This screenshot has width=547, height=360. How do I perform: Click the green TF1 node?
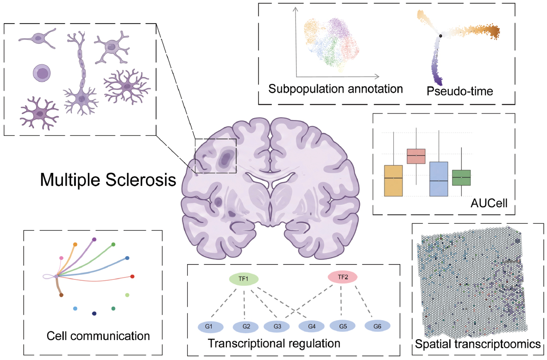click(x=244, y=279)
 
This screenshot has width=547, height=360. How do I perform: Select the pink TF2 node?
click(x=343, y=278)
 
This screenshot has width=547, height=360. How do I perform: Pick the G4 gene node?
click(x=312, y=327)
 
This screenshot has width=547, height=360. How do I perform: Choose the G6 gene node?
click(x=377, y=327)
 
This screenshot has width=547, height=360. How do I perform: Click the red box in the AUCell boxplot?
click(x=416, y=156)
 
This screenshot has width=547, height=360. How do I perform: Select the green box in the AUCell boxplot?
click(x=461, y=177)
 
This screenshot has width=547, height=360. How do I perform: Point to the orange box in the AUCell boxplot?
click(x=394, y=181)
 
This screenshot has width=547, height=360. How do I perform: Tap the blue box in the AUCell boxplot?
click(x=439, y=179)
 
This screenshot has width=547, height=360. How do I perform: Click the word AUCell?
click(x=489, y=203)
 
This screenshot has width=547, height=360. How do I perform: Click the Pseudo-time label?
click(x=460, y=91)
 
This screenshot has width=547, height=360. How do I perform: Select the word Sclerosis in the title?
click(x=141, y=180)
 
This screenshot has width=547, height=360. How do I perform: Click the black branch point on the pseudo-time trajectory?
click(x=440, y=36)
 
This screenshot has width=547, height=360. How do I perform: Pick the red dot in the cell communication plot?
click(x=132, y=277)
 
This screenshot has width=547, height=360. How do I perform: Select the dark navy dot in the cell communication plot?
click(x=94, y=314)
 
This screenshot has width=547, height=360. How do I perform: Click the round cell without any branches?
click(x=42, y=73)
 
